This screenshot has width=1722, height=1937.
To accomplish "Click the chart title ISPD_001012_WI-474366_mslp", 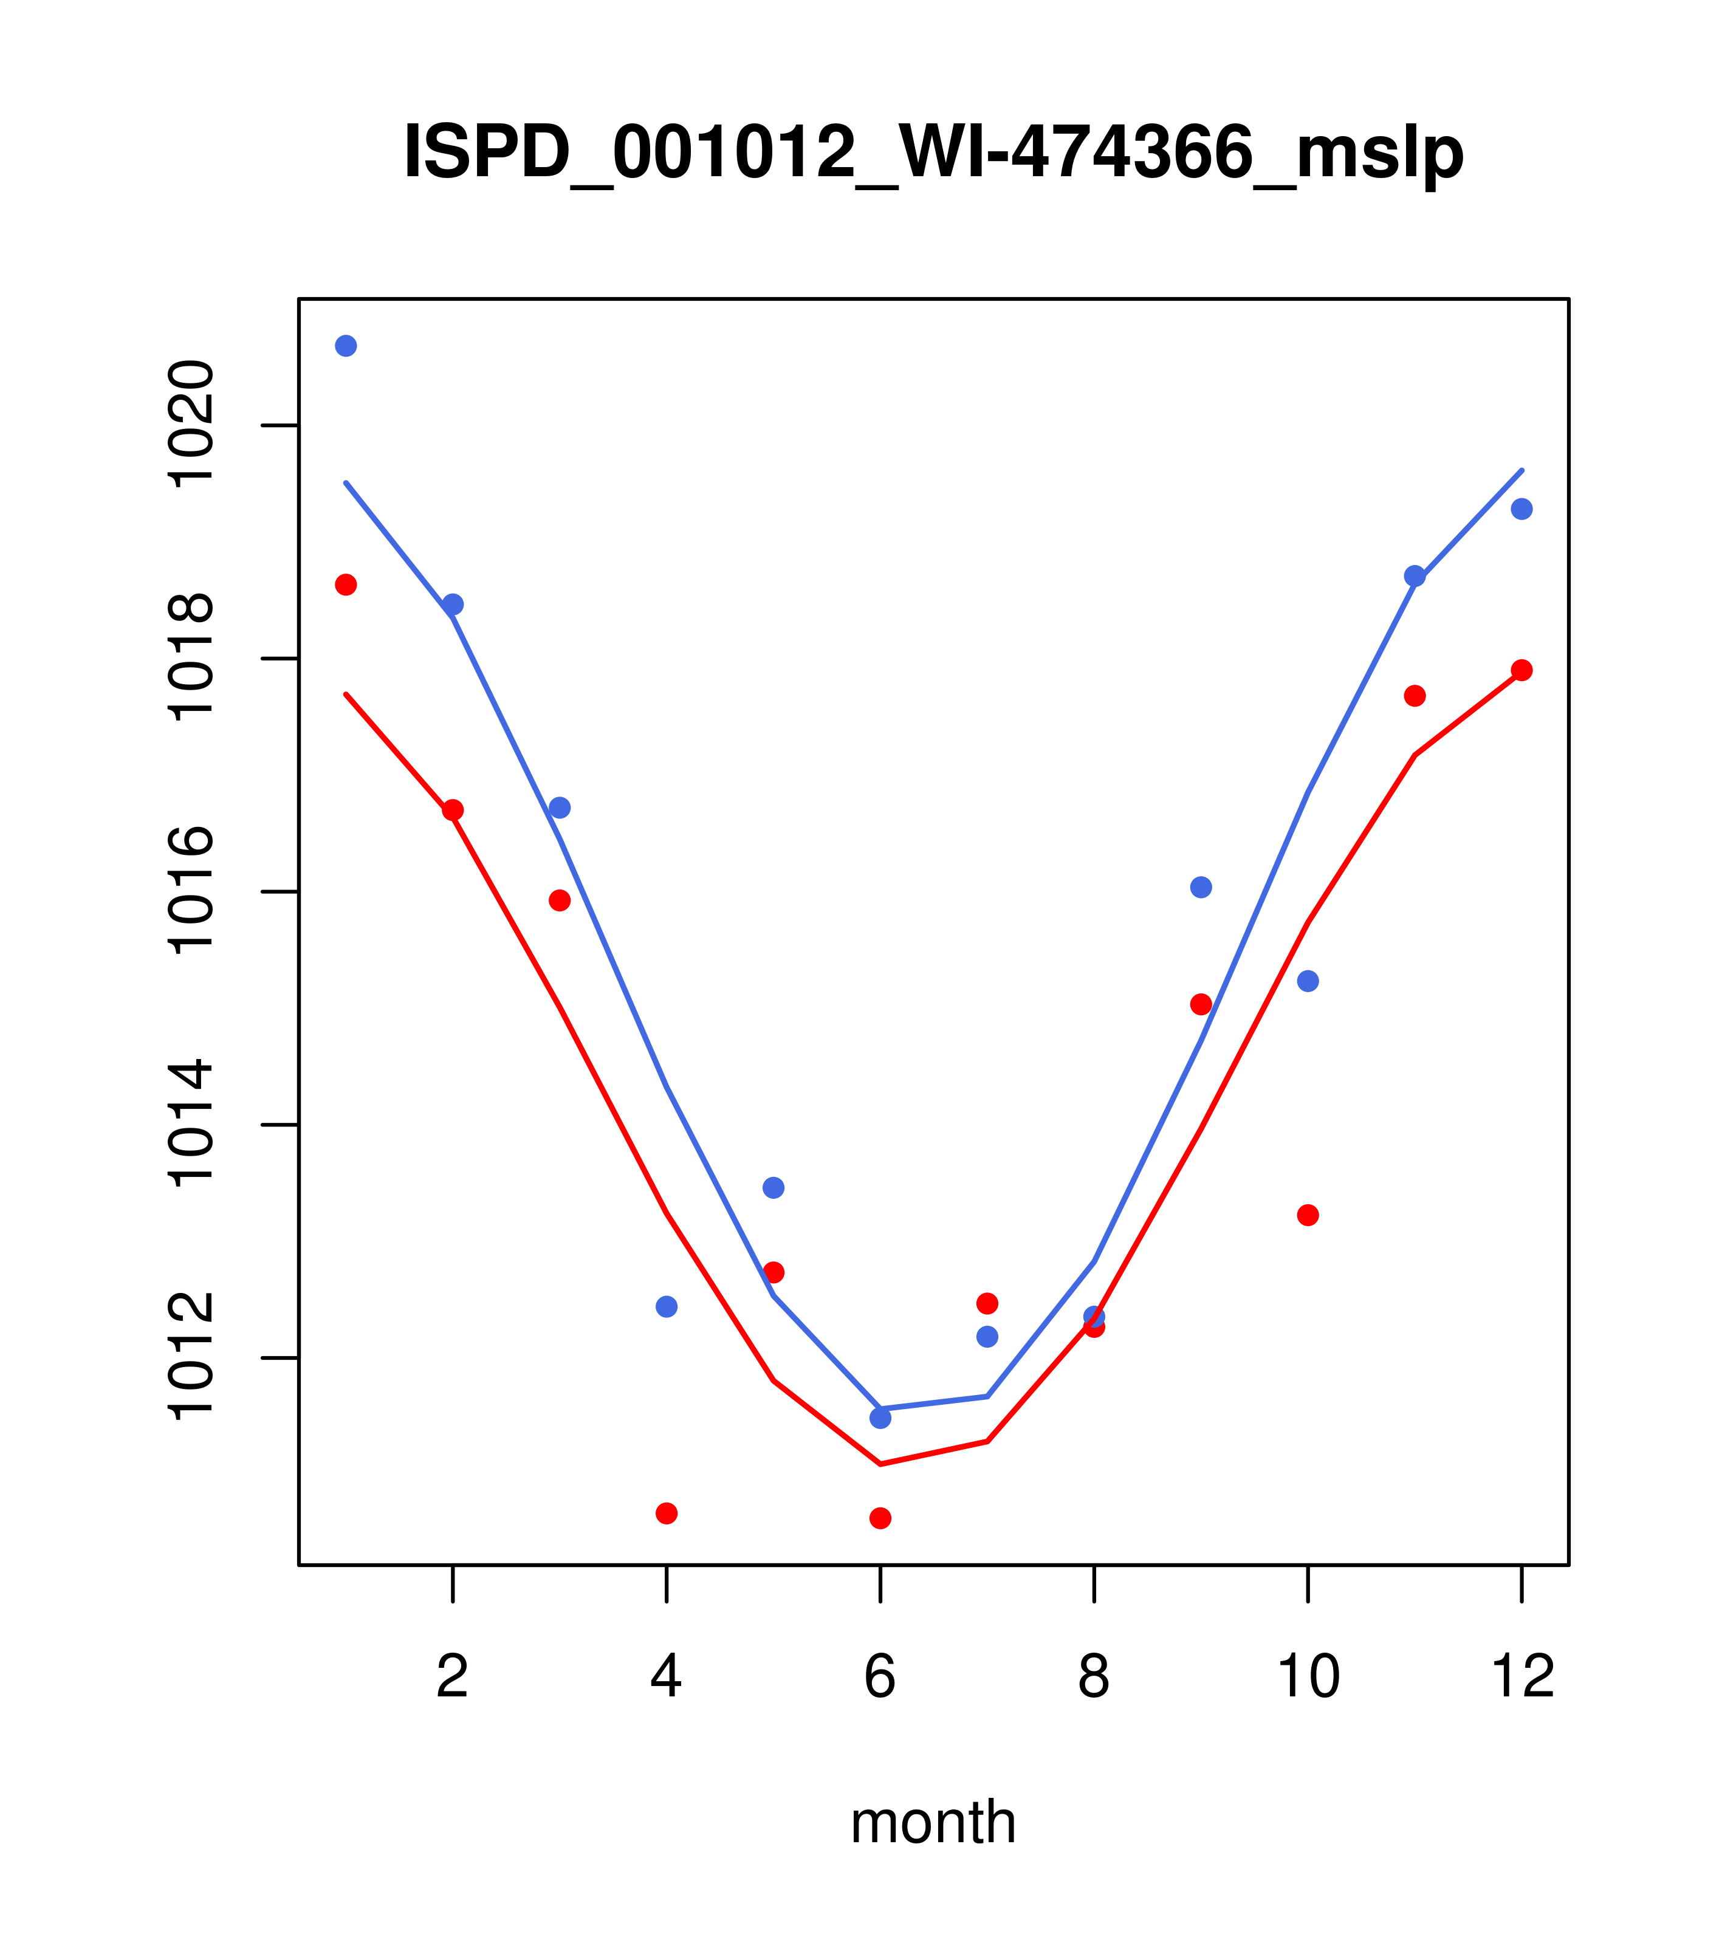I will pyautogui.click(x=933, y=154).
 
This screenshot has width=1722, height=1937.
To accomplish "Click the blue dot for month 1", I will pyautogui.click(x=346, y=346).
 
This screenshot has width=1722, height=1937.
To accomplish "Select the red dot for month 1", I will pyautogui.click(x=346, y=585).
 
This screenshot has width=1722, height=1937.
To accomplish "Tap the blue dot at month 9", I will pyautogui.click(x=1201, y=887).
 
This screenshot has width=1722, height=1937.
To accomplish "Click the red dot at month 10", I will pyautogui.click(x=1308, y=1215).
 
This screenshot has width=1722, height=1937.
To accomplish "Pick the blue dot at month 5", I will pyautogui.click(x=774, y=1187).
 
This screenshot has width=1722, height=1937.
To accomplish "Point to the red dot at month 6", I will pyautogui.click(x=880, y=1518).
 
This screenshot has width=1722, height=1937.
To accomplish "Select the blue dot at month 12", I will pyautogui.click(x=1522, y=509).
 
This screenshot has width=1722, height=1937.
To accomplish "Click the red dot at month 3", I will pyautogui.click(x=560, y=900).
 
